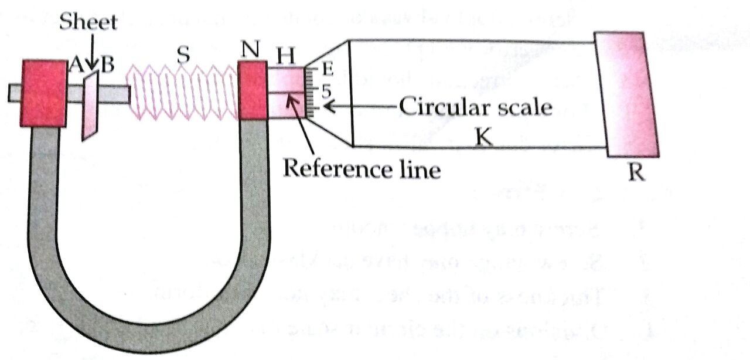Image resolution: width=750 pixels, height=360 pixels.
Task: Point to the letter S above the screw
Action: tap(184, 55)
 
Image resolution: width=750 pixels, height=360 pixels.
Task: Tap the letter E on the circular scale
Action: tap(327, 70)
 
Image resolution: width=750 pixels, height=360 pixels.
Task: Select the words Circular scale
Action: tap(475, 107)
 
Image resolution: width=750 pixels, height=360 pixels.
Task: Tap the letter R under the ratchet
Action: tap(637, 172)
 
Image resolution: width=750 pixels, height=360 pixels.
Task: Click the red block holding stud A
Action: tap(43, 93)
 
